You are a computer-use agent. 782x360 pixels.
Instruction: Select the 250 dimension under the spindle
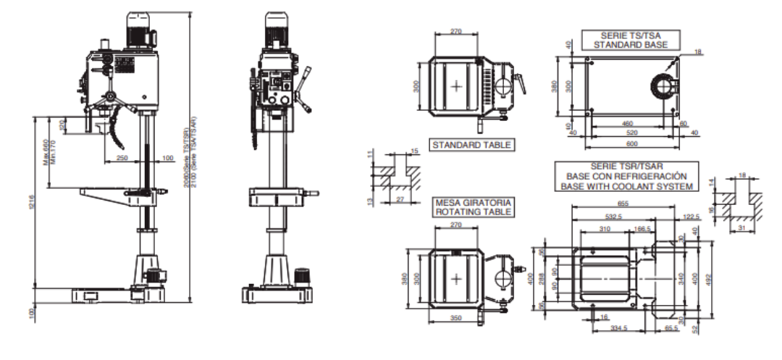coord(122,158)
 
